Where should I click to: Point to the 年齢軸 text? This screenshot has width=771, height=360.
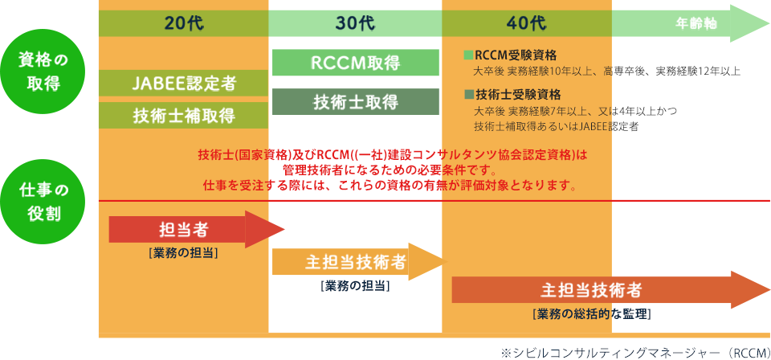[x=696, y=23]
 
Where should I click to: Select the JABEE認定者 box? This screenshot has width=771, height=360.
[x=183, y=83]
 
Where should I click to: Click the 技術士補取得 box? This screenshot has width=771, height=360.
[x=183, y=116]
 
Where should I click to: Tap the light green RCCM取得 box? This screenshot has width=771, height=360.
[x=356, y=63]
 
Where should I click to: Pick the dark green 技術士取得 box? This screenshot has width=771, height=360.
[x=356, y=102]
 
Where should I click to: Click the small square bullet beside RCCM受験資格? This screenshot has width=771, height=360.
[x=467, y=55]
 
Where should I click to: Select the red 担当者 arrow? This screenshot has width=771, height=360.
[x=197, y=230]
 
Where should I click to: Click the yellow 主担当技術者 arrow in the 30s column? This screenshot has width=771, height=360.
[x=358, y=262]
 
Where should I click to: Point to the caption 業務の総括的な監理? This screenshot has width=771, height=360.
[x=592, y=313]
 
